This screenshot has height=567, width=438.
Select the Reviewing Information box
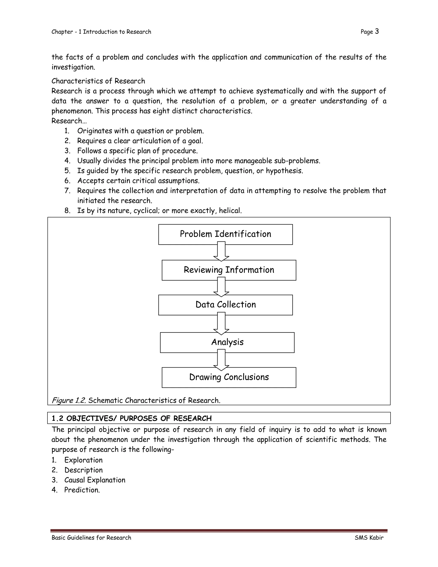pyautogui.click(x=229, y=270)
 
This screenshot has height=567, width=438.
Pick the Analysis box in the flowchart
pyautogui.click(x=227, y=342)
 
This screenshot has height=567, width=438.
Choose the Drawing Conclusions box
pyautogui.click(x=229, y=377)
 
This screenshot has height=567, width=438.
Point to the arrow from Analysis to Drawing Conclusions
pyautogui.click(x=221, y=360)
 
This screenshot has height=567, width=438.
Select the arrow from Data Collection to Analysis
pyautogui.click(x=221, y=324)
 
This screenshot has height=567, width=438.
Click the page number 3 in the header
pyautogui.click(x=377, y=31)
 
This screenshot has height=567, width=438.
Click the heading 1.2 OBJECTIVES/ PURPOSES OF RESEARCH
pyautogui.click(x=132, y=418)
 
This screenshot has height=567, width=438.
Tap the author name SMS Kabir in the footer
pyautogui.click(x=369, y=538)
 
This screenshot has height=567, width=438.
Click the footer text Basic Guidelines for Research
pyautogui.click(x=91, y=538)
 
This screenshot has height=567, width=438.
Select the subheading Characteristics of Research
pyautogui.click(x=98, y=81)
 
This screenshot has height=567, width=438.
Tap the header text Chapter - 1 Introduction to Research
pyautogui.click(x=101, y=32)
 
